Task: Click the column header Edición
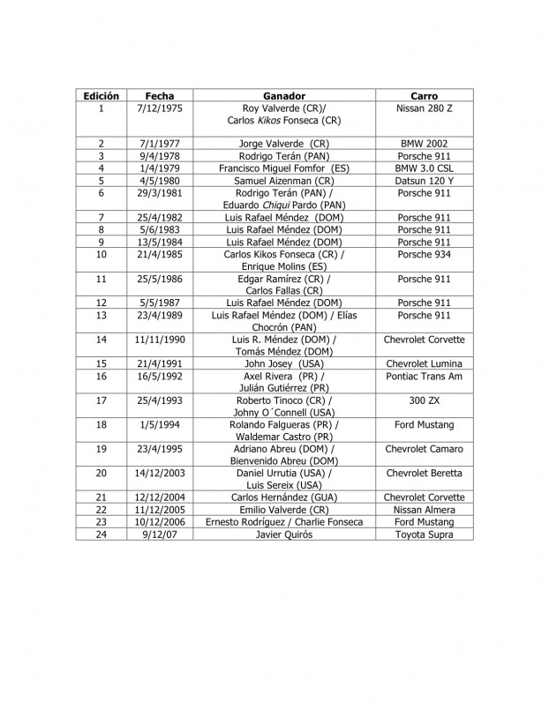click(102, 95)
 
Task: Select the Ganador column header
click(284, 95)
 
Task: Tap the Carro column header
click(425, 95)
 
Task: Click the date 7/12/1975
click(161, 108)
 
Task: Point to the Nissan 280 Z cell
click(425, 108)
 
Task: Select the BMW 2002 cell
click(425, 143)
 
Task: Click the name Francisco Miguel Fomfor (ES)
click(284, 168)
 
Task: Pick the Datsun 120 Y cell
click(425, 180)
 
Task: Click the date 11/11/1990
click(161, 340)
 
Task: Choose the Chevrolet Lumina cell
click(425, 363)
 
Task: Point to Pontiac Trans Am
click(425, 376)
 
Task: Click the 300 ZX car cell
click(425, 400)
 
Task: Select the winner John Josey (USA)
click(284, 363)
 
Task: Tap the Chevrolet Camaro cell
click(425, 449)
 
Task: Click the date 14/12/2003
click(161, 474)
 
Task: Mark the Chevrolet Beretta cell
click(425, 474)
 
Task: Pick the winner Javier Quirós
click(284, 534)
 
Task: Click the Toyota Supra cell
click(425, 534)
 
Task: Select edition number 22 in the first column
click(102, 510)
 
